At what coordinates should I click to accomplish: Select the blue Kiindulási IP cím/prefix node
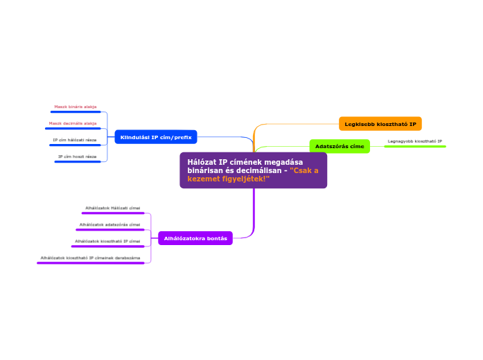point(155,137)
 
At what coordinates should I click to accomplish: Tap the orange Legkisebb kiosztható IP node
point(380,124)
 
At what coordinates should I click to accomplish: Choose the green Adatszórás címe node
point(340,146)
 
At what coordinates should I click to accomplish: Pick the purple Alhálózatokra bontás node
point(195,238)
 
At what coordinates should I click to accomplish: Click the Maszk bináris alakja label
point(76,107)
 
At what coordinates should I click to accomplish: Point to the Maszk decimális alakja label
point(73,123)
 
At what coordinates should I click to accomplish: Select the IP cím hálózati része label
point(75,140)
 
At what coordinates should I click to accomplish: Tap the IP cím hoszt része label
point(78,156)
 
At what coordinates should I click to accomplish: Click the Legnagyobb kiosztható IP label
point(415,141)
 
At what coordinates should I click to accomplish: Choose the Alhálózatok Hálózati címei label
point(112,208)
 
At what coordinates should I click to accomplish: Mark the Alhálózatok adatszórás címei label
point(109,224)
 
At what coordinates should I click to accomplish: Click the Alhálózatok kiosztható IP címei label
point(107,241)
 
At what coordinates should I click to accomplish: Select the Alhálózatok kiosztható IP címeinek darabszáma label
point(90,258)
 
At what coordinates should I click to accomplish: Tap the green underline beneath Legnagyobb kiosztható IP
point(415,146)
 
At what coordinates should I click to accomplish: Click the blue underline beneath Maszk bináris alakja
point(76,111)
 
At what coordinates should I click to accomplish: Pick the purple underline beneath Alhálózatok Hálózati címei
point(112,213)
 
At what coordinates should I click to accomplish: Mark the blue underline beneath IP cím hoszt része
point(78,161)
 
